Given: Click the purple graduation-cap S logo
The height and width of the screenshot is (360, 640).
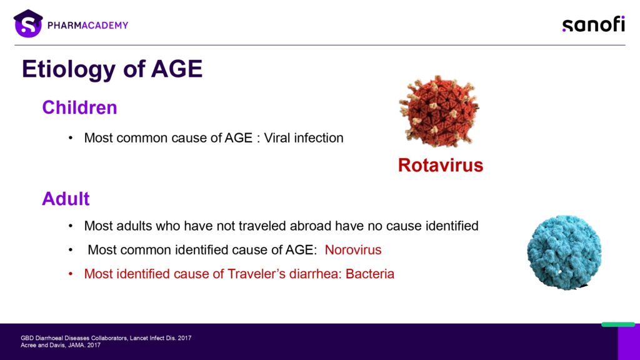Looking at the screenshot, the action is click(x=28, y=24).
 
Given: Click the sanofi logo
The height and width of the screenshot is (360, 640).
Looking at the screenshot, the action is click(x=594, y=24).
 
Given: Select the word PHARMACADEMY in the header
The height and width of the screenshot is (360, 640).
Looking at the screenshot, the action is click(x=87, y=25).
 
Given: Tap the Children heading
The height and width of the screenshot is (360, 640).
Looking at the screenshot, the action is click(x=79, y=107).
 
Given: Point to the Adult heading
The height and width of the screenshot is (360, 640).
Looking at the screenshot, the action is click(x=66, y=199).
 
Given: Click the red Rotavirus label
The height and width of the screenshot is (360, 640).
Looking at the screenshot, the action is click(x=441, y=165).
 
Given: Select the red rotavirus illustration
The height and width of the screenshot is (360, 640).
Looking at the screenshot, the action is click(x=439, y=111).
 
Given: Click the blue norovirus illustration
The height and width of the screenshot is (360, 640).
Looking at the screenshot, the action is click(x=564, y=252).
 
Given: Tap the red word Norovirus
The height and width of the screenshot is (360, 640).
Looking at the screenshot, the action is click(x=353, y=250).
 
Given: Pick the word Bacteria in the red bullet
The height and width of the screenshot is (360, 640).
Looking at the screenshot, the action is click(x=370, y=274).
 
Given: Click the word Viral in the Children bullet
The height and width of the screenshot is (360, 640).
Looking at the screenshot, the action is click(x=277, y=138).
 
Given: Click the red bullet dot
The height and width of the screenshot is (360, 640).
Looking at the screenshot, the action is click(x=71, y=274).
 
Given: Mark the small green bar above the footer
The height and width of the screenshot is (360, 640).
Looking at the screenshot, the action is click(x=618, y=324).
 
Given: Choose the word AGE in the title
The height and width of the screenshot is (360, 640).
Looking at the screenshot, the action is click(x=177, y=69).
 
